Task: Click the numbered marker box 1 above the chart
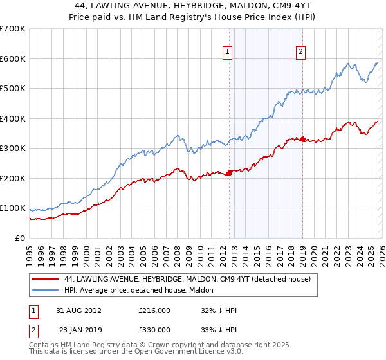pyautogui.click(x=228, y=53)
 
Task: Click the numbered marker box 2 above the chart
pyautogui.click(x=300, y=53)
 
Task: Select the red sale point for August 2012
pyautogui.click(x=230, y=172)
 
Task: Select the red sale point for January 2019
pyautogui.click(x=302, y=139)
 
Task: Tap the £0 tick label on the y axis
pyautogui.click(x=21, y=238)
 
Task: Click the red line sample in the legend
pyautogui.click(x=46, y=279)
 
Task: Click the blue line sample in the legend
pyautogui.click(x=46, y=290)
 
